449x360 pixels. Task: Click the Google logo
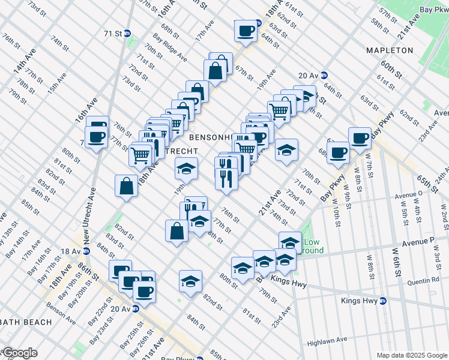click(19, 353)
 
